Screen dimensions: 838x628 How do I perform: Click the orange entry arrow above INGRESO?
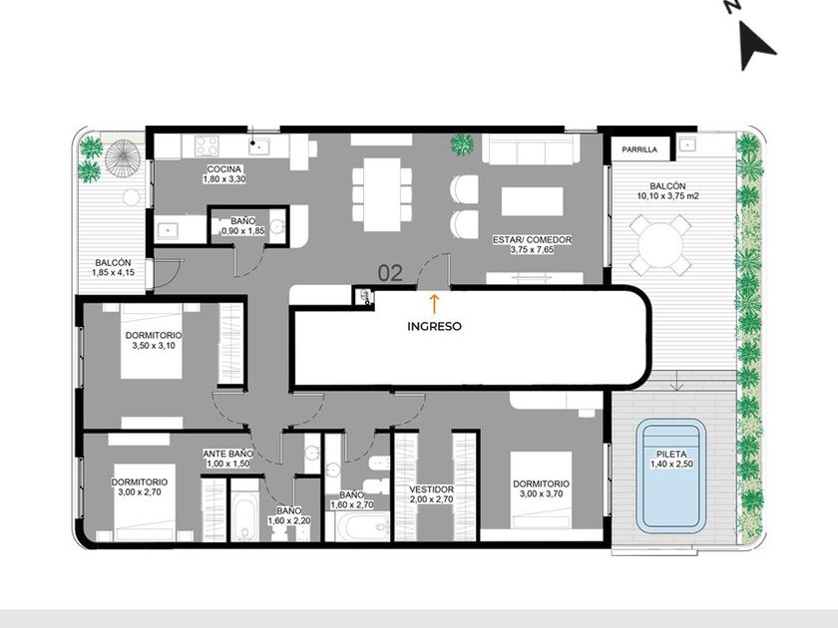click(x=434, y=303)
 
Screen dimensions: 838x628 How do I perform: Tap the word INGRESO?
click(x=434, y=326)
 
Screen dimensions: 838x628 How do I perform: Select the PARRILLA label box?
click(x=639, y=150)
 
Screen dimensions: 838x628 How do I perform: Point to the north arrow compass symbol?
click(x=755, y=46)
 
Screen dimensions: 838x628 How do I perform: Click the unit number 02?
click(x=390, y=273)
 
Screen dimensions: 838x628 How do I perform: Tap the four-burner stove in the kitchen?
click(x=207, y=145)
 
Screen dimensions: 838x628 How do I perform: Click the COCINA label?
click(x=223, y=169)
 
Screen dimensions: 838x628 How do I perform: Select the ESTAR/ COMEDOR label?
click(x=533, y=240)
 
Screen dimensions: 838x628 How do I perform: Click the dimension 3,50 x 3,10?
click(x=154, y=346)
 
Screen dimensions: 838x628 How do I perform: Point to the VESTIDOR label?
click(x=431, y=489)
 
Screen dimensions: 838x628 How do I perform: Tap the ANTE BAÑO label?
click(x=227, y=454)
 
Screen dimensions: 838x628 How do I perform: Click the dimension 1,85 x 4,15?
click(x=114, y=272)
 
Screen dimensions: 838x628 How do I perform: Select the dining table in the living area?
click(x=382, y=194)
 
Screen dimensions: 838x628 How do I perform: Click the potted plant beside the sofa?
click(x=462, y=145)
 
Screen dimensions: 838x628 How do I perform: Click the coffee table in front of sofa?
click(x=533, y=201)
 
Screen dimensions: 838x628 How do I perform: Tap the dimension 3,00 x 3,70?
click(x=541, y=494)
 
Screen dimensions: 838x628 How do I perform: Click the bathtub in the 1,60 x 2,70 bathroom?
click(x=357, y=526)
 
